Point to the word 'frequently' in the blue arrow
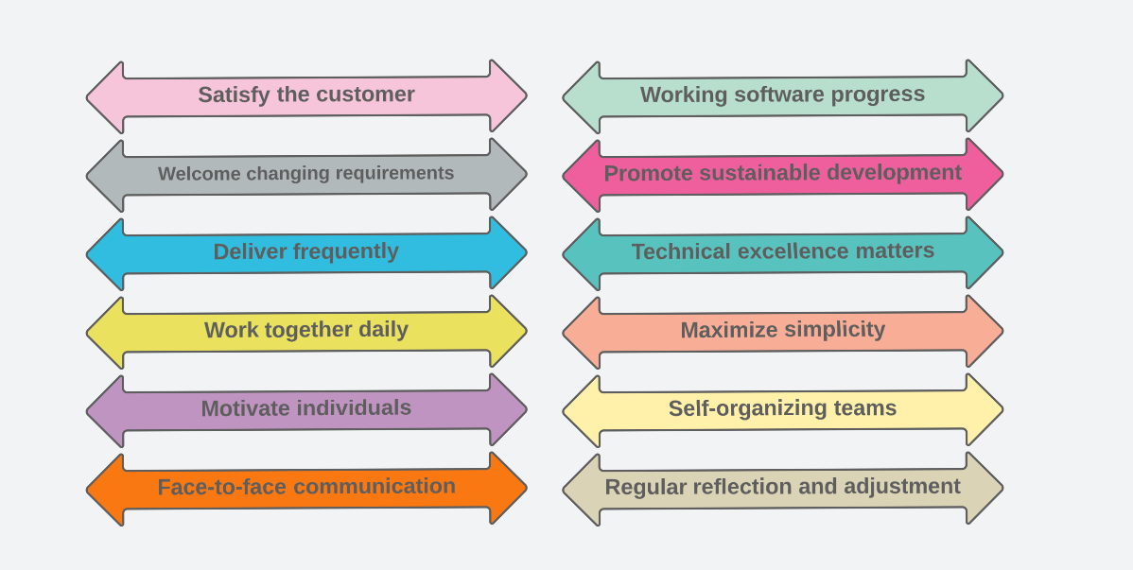pos(347,251)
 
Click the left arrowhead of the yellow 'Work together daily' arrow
pos(105,333)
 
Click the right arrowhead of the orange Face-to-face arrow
pos(508,489)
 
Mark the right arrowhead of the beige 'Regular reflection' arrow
pos(985,489)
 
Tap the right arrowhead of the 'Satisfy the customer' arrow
pos(508,96)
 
